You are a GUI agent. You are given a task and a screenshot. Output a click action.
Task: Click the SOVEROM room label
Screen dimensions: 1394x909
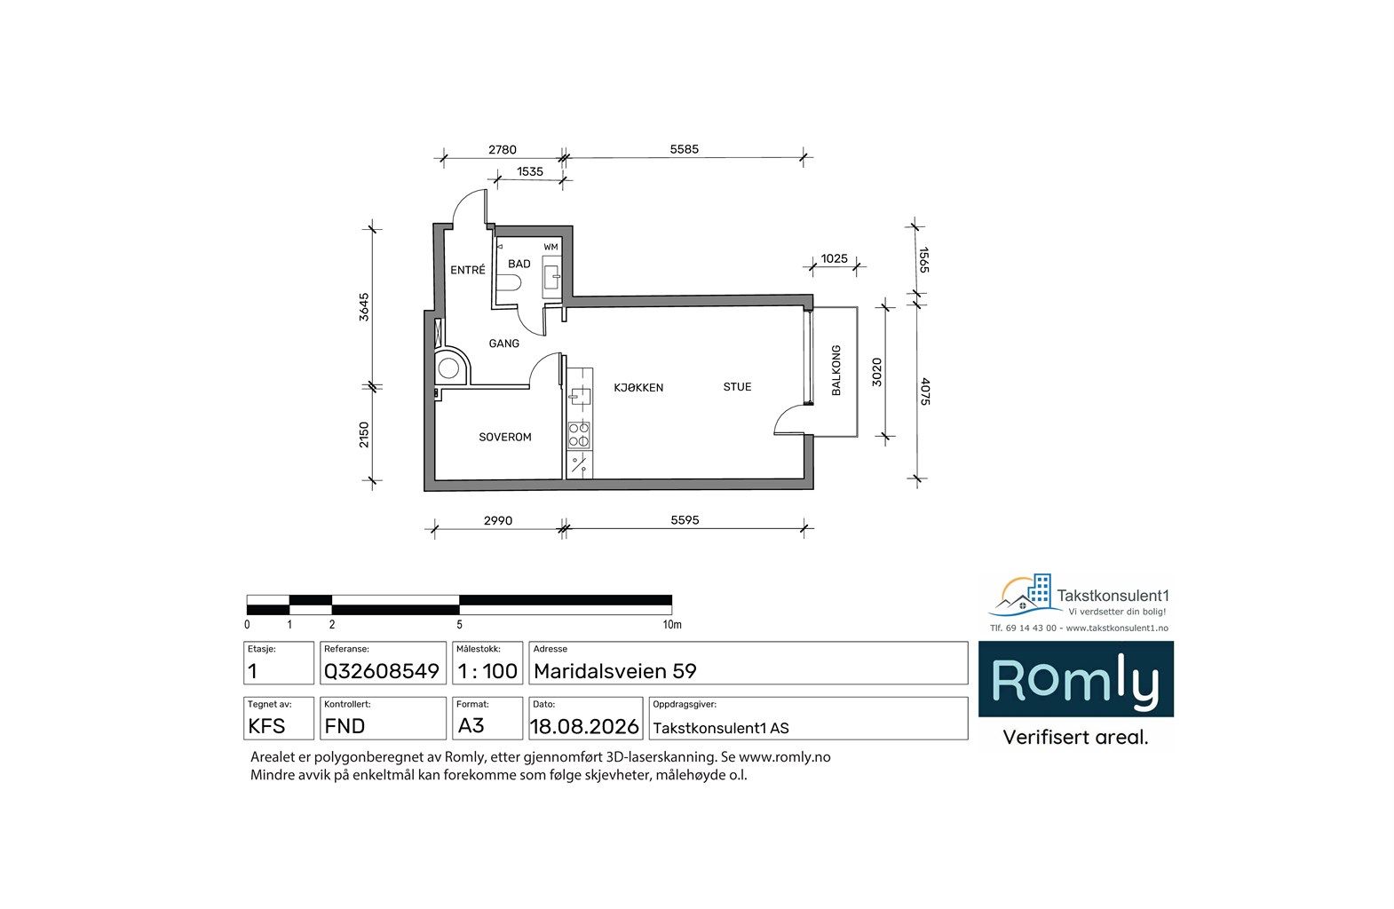coord(504,438)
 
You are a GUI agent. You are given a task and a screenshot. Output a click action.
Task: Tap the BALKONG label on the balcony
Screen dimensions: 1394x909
coord(836,370)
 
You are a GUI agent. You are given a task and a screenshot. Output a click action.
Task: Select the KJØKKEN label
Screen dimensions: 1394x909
coord(638,388)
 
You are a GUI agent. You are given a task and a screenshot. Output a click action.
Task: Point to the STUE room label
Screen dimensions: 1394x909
coord(738,387)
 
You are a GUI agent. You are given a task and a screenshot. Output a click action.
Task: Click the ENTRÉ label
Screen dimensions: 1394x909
coord(467,270)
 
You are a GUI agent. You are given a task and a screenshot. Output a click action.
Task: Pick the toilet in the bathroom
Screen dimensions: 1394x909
coord(509,284)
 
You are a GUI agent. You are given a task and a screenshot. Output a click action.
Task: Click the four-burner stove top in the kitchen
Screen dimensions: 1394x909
coord(580,435)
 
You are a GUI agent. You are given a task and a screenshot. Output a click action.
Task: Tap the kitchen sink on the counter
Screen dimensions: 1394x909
coord(580,396)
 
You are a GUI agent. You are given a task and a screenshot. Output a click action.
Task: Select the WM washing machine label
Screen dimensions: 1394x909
coord(550,247)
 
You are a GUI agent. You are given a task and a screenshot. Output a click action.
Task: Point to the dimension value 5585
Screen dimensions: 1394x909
coord(684,149)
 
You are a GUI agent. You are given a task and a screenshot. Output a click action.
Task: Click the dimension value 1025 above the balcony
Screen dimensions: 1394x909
coord(834,259)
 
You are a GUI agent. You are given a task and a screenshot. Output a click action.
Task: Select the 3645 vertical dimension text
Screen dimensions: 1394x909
coord(364,307)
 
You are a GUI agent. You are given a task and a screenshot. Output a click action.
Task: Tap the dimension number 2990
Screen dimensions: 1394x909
coord(498,521)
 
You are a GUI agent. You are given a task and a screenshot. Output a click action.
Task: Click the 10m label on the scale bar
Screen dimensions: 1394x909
coord(672,625)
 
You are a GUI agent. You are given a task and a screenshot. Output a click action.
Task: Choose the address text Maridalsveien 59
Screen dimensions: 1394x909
coord(614,671)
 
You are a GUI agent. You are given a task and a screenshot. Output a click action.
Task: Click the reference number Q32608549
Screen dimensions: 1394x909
coord(382,671)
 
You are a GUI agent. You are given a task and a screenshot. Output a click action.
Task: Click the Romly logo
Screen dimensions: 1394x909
coord(1076,679)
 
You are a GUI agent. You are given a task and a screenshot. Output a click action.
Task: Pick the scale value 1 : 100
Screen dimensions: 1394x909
coord(487,671)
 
